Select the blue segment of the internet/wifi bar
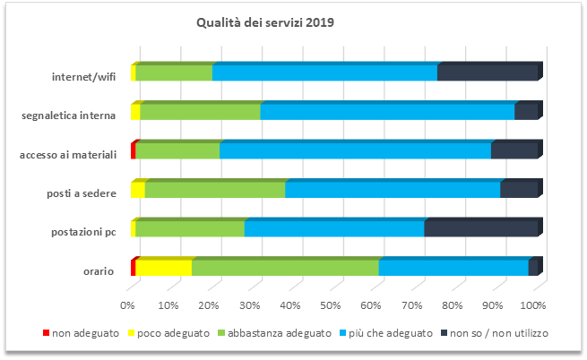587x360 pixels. (324, 74)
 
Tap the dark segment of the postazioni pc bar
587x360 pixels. (480, 229)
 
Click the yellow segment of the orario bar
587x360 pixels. (163, 268)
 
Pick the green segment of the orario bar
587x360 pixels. (285, 268)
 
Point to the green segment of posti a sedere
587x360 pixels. (215, 190)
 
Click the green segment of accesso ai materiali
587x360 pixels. (177, 151)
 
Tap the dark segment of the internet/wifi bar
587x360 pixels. (487, 74)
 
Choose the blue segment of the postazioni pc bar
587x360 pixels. (333, 229)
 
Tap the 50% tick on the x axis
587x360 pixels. (331, 306)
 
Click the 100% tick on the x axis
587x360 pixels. (534, 306)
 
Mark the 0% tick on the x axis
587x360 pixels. (128, 306)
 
